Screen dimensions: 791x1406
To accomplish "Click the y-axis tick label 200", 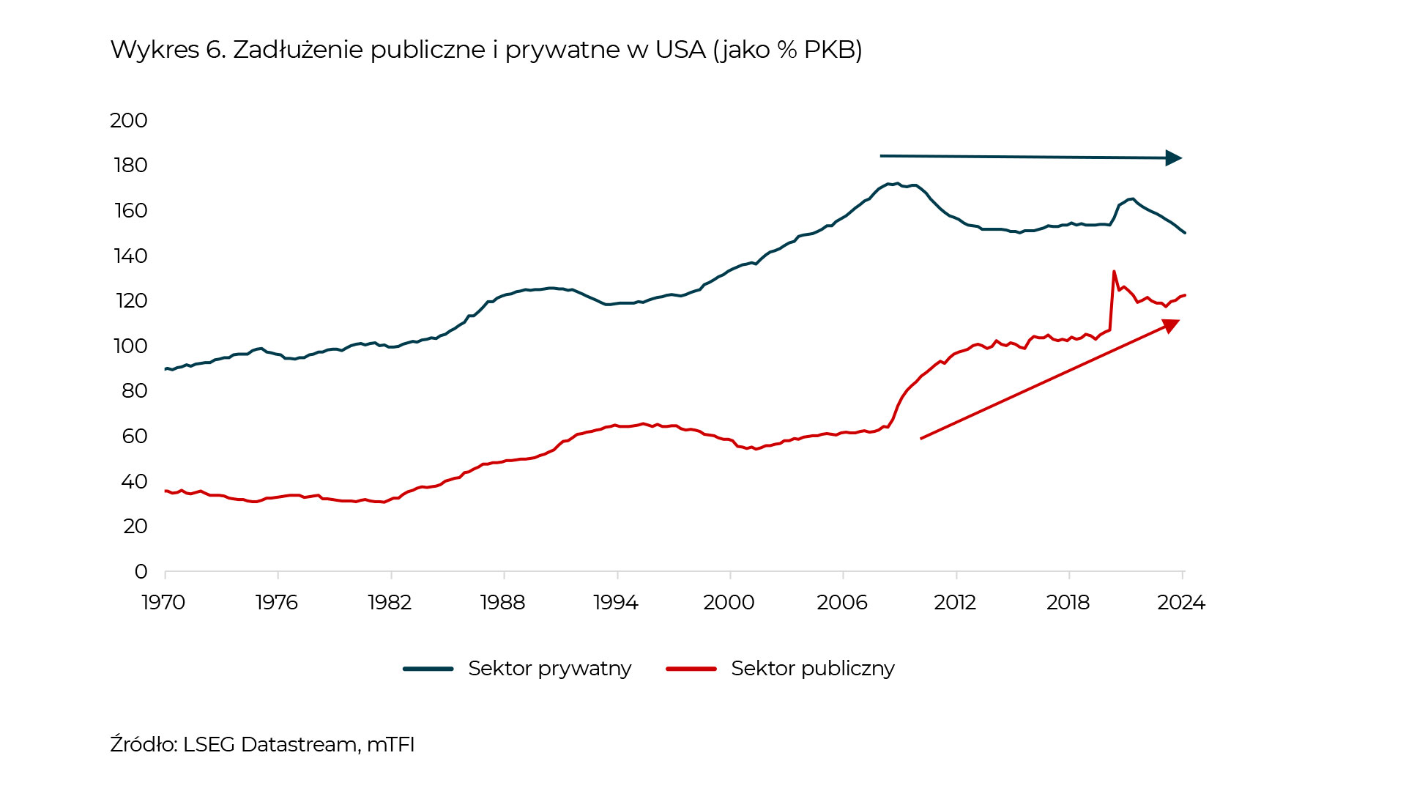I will pyautogui.click(x=129, y=120).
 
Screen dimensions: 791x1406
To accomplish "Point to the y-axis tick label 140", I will pyautogui.click(x=130, y=256).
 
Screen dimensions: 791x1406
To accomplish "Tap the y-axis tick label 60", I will pyautogui.click(x=135, y=437).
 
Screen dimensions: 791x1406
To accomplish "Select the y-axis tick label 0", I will pyautogui.click(x=141, y=571).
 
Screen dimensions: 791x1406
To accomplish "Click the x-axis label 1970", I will pyautogui.click(x=163, y=602).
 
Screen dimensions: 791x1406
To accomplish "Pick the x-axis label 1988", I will pyautogui.click(x=502, y=602).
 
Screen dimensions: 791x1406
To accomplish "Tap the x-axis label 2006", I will pyautogui.click(x=842, y=602).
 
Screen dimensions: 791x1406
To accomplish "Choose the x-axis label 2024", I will pyautogui.click(x=1180, y=602).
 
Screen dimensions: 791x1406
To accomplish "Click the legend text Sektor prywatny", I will pyautogui.click(x=549, y=669).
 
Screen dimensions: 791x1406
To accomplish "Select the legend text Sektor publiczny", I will pyautogui.click(x=813, y=669).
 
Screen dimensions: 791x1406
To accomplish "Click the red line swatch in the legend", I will pyautogui.click(x=691, y=669).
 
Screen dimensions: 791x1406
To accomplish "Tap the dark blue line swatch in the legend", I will pyautogui.click(x=428, y=669).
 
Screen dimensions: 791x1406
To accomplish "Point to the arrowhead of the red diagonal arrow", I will pyautogui.click(x=1171, y=325).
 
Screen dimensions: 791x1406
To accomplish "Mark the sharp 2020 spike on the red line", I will pyautogui.click(x=1114, y=272).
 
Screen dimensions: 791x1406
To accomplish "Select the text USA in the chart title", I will pyautogui.click(x=680, y=50).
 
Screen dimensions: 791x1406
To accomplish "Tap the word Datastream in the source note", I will pyautogui.click(x=300, y=744).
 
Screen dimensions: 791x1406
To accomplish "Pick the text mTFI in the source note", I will pyautogui.click(x=390, y=744).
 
